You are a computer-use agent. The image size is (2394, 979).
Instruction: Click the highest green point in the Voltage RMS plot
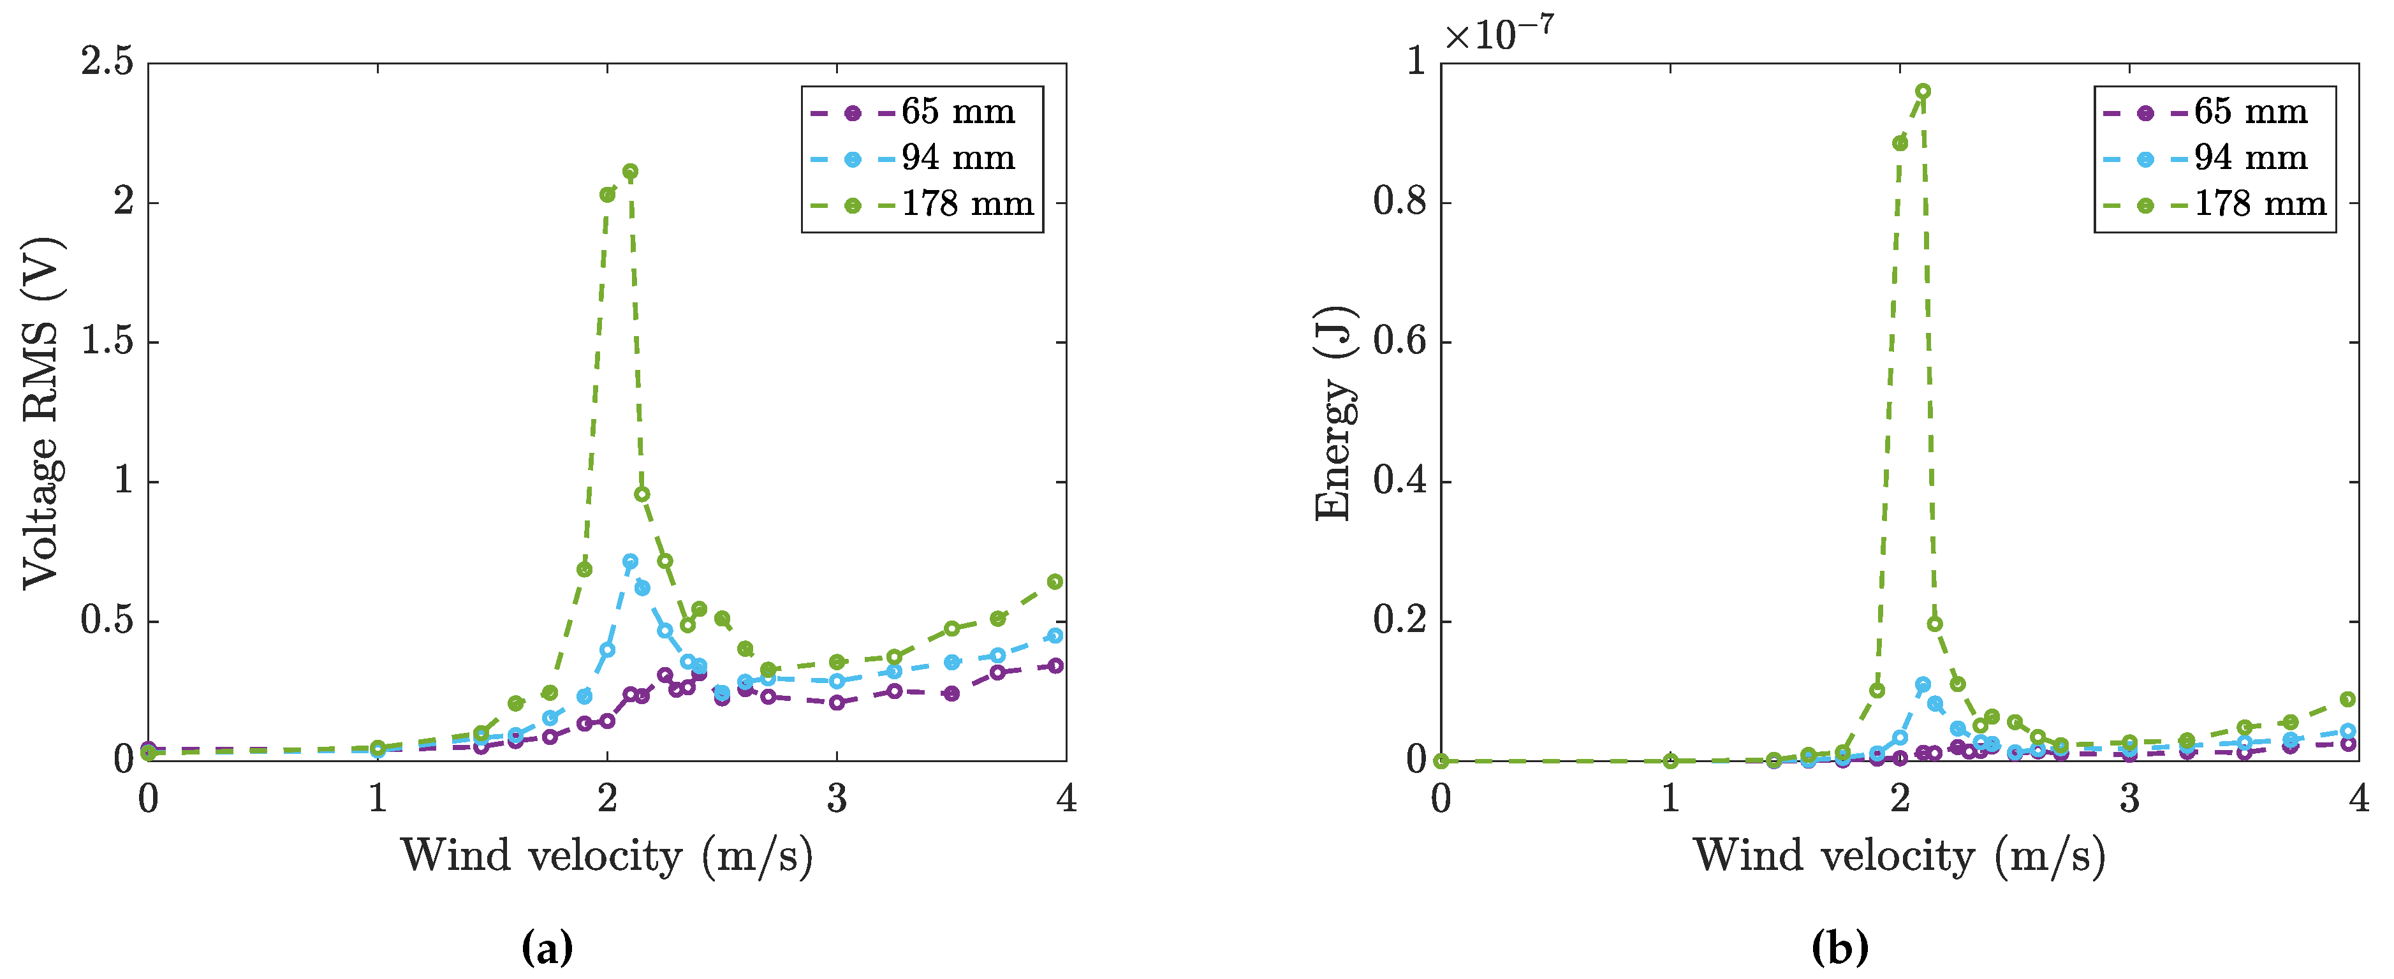pos(630,171)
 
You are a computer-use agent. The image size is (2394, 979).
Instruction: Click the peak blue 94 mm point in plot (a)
pos(630,561)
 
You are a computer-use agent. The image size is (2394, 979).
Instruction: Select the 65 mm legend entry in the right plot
pos(2250,112)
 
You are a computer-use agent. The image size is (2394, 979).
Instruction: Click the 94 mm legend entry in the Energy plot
pos(2250,159)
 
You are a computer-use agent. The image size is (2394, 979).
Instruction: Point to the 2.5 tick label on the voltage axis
pos(107,63)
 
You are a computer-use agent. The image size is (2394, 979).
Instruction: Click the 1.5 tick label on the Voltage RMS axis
pos(107,341)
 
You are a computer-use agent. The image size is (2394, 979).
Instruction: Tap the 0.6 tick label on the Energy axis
pos(1400,341)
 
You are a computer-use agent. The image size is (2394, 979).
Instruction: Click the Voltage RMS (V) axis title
pos(42,414)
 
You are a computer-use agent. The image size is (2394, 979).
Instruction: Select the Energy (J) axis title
pos(1335,414)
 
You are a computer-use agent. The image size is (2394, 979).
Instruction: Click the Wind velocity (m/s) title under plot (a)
pos(607,855)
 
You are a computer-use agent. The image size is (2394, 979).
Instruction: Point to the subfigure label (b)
pos(1839,947)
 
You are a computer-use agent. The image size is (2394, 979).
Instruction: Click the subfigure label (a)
pos(547,947)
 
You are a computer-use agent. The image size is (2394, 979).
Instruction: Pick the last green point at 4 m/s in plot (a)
pos(1055,582)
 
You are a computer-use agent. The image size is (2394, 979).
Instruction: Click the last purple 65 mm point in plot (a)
pos(1055,666)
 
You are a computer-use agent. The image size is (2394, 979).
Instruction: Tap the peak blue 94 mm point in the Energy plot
pos(1923,685)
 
